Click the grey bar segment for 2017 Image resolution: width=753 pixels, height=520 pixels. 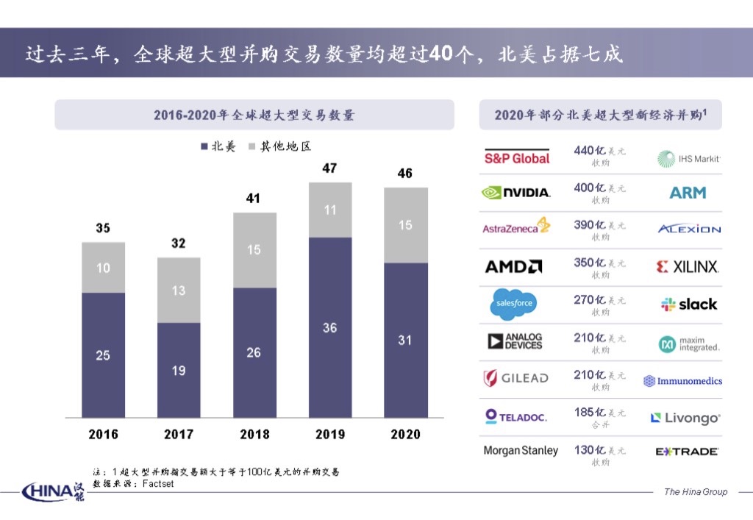pos(179,290)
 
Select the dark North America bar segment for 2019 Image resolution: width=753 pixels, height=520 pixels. pos(330,327)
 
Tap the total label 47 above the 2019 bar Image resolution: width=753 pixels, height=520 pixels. pos(329,168)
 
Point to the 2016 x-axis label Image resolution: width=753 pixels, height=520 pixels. pos(103,434)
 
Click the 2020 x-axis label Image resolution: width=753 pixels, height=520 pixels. pos(405,434)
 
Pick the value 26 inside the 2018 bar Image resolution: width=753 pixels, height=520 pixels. pos(254,352)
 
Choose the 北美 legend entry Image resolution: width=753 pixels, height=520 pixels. pos(218,147)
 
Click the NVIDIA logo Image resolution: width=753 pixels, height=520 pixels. pos(516,193)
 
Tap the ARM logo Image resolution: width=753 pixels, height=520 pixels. pos(688,193)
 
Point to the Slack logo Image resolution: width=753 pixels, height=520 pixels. pos(689,304)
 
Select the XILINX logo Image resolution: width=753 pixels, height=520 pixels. pos(688,267)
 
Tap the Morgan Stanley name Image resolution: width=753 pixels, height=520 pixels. pos(521,450)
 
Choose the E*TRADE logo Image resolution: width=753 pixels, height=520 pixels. pos(687,452)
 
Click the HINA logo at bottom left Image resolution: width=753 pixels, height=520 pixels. pos(53,491)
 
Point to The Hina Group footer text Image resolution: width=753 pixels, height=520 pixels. pos(695,491)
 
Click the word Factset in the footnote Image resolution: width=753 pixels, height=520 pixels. pos(157,484)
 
